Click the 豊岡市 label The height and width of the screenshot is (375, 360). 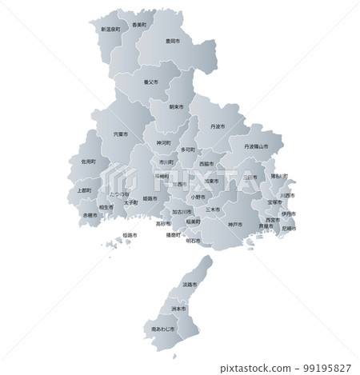pyautogui.click(x=171, y=40)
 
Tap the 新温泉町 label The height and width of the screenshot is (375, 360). pyautogui.click(x=110, y=29)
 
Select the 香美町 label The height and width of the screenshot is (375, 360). pyautogui.click(x=139, y=25)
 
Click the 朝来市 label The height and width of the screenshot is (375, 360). pyautogui.click(x=176, y=106)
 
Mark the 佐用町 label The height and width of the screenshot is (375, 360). pyautogui.click(x=89, y=161)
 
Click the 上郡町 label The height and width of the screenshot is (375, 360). pyautogui.click(x=85, y=190)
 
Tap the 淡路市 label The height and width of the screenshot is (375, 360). pyautogui.click(x=190, y=285)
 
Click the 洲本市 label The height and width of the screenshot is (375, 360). pyautogui.click(x=178, y=308)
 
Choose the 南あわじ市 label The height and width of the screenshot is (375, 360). pyautogui.click(x=162, y=329)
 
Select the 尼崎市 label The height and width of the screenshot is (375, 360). pyautogui.click(x=288, y=229)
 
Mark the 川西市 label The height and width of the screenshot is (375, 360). pyautogui.click(x=287, y=195)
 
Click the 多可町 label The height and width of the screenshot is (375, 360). pyautogui.click(x=187, y=150)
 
